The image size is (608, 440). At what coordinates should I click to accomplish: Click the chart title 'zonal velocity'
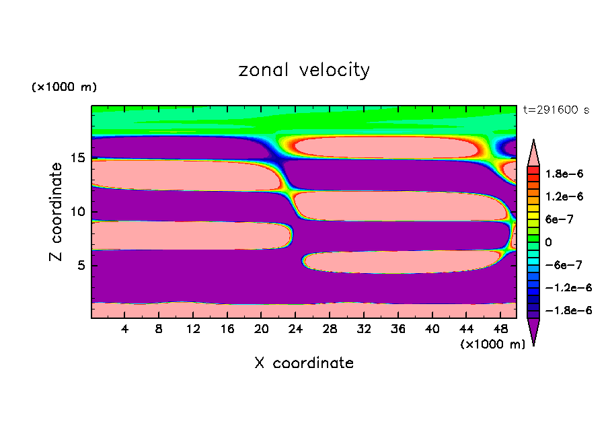pyautogui.click(x=304, y=70)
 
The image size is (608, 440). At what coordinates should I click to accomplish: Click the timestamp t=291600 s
pyautogui.click(x=556, y=110)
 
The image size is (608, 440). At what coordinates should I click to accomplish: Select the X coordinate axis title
pyautogui.click(x=304, y=363)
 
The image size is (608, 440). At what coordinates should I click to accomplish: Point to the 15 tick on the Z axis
pyautogui.click(x=79, y=158)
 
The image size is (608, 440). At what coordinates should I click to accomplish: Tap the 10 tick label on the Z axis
pyautogui.click(x=79, y=211)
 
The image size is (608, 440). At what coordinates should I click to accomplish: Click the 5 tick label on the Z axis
pyautogui.click(x=82, y=265)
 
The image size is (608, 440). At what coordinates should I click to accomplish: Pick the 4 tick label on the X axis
pyautogui.click(x=125, y=329)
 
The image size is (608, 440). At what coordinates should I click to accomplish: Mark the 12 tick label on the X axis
pyautogui.click(x=193, y=329)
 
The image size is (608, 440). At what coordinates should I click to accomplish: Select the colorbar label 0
pyautogui.click(x=548, y=242)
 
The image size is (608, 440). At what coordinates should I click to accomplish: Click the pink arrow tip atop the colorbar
pyautogui.click(x=533, y=150)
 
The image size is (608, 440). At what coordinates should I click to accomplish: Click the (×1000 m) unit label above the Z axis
pyautogui.click(x=64, y=87)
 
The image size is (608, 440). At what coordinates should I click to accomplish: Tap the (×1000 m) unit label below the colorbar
pyautogui.click(x=492, y=344)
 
